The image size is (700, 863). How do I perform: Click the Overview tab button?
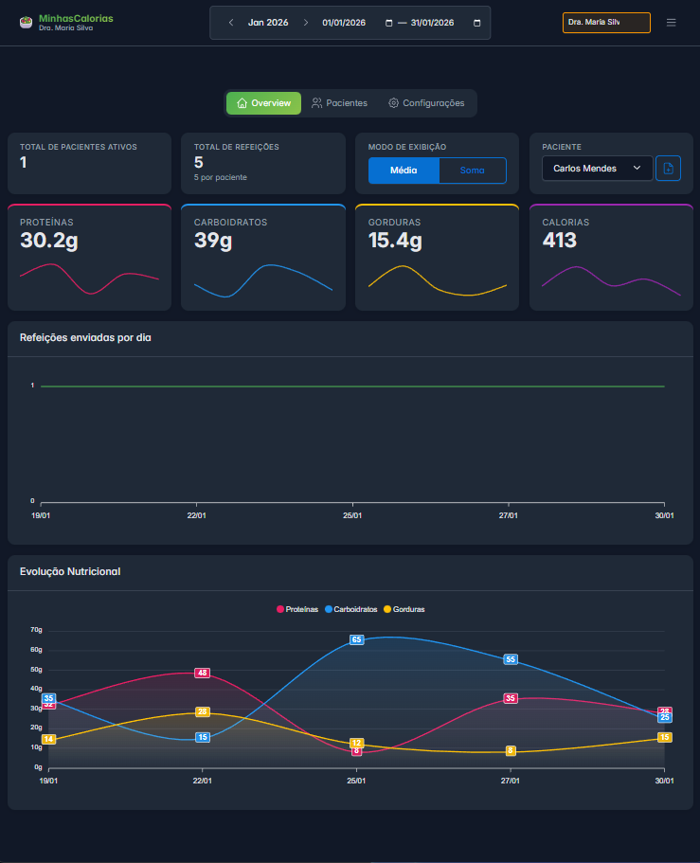click(x=263, y=103)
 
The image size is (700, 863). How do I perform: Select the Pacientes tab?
click(x=339, y=103)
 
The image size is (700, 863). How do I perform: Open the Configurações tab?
click(x=426, y=103)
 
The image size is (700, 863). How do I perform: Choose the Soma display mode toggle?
click(x=472, y=171)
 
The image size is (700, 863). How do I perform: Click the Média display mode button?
click(x=404, y=171)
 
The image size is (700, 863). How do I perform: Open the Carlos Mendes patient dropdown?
click(x=597, y=169)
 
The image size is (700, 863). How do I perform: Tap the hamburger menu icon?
click(x=671, y=23)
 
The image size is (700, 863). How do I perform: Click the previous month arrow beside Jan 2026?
click(x=231, y=23)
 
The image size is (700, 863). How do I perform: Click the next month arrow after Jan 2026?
click(x=305, y=23)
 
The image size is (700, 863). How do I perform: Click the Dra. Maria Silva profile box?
click(x=606, y=23)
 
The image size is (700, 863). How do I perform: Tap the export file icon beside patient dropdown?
click(x=668, y=169)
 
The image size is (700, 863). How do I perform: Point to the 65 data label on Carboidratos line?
click(x=357, y=639)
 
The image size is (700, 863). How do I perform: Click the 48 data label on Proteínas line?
click(x=202, y=673)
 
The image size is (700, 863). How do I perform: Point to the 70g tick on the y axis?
click(x=37, y=630)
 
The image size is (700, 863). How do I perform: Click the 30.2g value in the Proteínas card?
click(x=48, y=241)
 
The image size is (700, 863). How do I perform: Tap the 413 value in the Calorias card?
click(x=559, y=241)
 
